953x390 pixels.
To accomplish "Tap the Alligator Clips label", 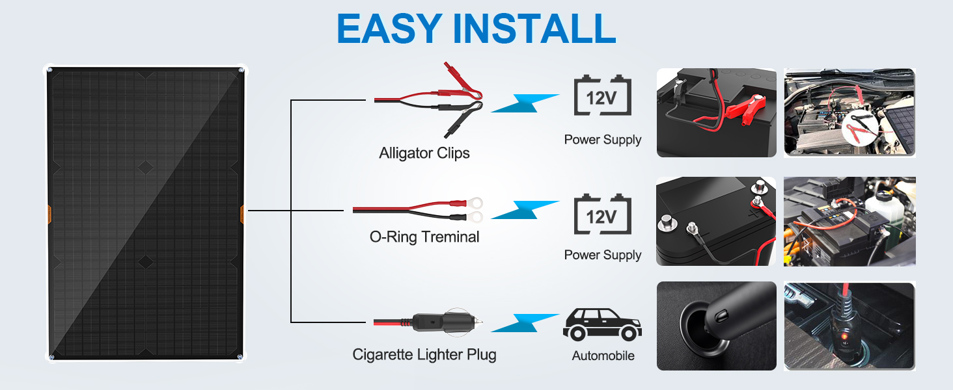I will pyautogui.click(x=424, y=153).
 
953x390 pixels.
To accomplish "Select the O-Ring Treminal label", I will pyautogui.click(x=424, y=237).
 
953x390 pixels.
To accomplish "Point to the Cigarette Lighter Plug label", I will pyautogui.click(x=424, y=354).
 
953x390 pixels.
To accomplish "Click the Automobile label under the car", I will pyautogui.click(x=603, y=356).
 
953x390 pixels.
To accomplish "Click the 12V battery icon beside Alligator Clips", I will pyautogui.click(x=602, y=97).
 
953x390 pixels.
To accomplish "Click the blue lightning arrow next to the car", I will pyautogui.click(x=525, y=323).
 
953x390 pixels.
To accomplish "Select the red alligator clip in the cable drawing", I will pyautogui.click(x=460, y=90).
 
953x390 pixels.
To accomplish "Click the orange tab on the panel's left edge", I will pyautogui.click(x=48, y=214).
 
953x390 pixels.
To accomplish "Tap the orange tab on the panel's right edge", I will pyautogui.click(x=242, y=214).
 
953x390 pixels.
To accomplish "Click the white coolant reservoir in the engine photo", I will pyautogui.click(x=895, y=208).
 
